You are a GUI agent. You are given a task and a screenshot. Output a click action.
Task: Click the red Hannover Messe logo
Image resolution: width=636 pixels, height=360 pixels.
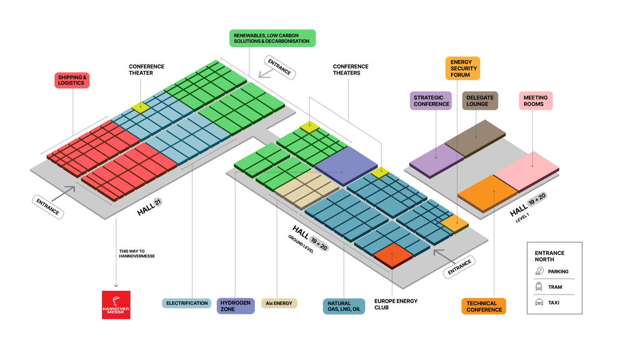pyautogui.click(x=116, y=305)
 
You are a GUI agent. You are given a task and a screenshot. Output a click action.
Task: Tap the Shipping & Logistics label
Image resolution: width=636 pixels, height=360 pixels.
pyautogui.click(x=72, y=81)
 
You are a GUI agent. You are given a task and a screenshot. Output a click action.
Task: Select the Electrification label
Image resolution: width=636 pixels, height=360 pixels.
pyautogui.click(x=187, y=303)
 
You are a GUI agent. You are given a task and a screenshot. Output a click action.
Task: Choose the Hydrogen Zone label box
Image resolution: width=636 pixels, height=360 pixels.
pyautogui.click(x=235, y=306)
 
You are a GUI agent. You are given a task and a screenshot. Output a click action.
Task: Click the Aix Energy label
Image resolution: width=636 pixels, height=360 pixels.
pyautogui.click(x=279, y=303)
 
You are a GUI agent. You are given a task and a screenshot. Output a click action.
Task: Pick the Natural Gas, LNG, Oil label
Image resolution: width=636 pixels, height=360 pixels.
pyautogui.click(x=343, y=306)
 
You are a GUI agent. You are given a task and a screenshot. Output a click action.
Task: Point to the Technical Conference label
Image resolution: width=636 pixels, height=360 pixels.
pyautogui.click(x=483, y=306)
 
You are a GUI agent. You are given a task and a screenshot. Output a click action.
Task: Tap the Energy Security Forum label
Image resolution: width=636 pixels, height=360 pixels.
pyautogui.click(x=463, y=69)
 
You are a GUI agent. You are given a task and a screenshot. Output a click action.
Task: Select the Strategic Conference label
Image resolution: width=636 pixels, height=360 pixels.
pyautogui.click(x=431, y=101)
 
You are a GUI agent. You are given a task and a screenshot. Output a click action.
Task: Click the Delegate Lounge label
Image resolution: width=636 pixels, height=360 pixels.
pyautogui.click(x=480, y=101)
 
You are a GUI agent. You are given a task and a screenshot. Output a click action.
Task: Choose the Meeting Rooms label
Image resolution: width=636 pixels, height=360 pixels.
pyautogui.click(x=535, y=101)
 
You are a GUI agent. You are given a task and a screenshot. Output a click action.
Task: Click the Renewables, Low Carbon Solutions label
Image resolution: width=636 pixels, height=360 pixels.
pyautogui.click(x=272, y=38)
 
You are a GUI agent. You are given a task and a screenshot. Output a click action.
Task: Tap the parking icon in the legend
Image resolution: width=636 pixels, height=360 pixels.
pyautogui.click(x=539, y=271)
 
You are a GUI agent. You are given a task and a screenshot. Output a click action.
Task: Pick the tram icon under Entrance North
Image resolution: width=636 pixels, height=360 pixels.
pyautogui.click(x=539, y=287)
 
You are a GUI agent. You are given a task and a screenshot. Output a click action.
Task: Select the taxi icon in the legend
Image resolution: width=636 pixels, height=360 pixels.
pyautogui.click(x=539, y=303)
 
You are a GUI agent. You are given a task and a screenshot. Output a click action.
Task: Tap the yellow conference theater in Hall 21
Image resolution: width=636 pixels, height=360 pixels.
pyautogui.click(x=141, y=106)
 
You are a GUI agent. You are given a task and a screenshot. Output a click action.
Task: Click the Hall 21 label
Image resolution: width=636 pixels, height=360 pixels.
pyautogui.click(x=149, y=207)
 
